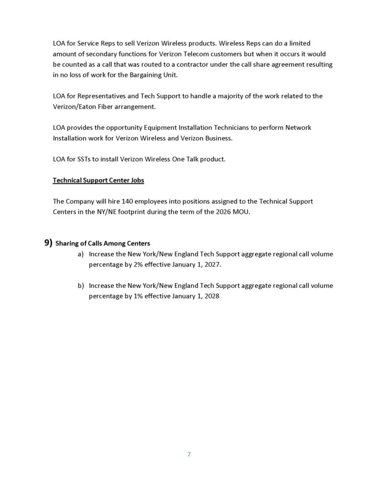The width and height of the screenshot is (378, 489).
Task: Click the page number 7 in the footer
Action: (x=189, y=454)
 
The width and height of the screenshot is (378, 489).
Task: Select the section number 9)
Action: (x=48, y=243)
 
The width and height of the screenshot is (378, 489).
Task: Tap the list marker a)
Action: (x=81, y=254)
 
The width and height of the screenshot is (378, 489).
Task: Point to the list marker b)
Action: (x=81, y=286)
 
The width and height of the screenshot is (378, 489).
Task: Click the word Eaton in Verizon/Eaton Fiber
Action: (x=91, y=106)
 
